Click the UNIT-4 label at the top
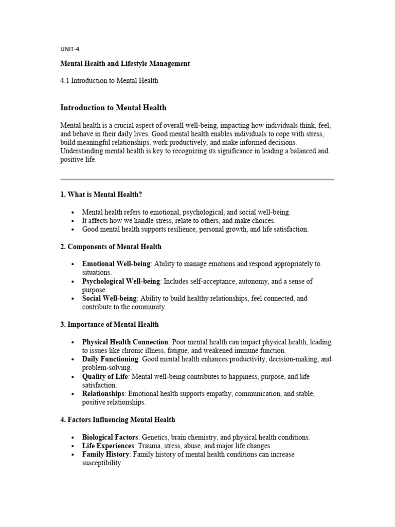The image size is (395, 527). coord(69,49)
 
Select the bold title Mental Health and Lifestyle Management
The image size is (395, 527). coord(125,64)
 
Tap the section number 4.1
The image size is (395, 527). coord(65,80)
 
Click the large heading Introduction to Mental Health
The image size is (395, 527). coord(113,108)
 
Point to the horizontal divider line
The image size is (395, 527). coord(197,179)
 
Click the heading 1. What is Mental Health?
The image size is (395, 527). coord(101,195)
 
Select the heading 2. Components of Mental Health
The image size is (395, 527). coord(111,247)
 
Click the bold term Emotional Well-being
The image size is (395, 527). coord(116,263)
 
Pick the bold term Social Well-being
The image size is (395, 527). coord(109,298)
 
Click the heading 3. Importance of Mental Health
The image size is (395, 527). coord(110,324)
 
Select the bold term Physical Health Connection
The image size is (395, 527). coord(125,342)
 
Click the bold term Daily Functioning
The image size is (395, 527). coord(110,359)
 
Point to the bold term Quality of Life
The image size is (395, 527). coord(105,377)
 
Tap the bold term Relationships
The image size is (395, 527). coord(103,394)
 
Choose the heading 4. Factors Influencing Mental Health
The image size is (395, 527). coord(118,420)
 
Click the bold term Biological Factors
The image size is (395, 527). coord(110,437)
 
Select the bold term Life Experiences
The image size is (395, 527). coord(107,446)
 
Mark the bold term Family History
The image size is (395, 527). coord(105,454)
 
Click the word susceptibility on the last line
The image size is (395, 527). coord(102,463)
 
